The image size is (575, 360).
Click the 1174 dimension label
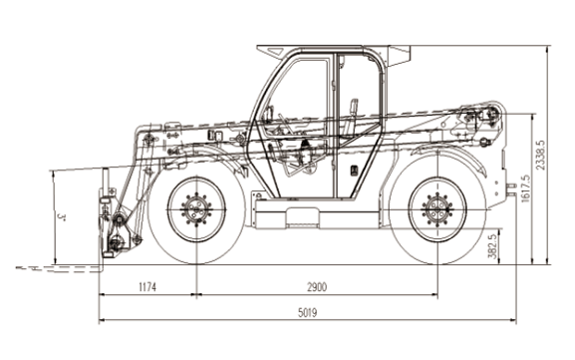tap(147, 286)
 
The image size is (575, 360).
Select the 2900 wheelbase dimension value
tap(317, 286)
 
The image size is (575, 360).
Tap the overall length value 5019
tap(307, 313)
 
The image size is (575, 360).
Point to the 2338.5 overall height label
tap(540, 155)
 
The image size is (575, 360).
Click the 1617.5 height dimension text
tap(525, 188)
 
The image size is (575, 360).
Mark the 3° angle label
tap(62, 217)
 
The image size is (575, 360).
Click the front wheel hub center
tap(196, 209)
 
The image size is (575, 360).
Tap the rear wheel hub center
tap(437, 209)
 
